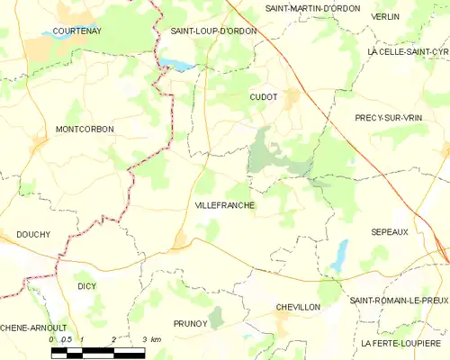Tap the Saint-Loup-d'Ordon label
pos(213,31)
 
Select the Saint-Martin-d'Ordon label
pos(312,8)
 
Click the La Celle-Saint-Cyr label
pos(409,52)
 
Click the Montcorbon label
pos(85,130)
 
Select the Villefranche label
pos(224,205)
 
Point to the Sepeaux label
pos(390,231)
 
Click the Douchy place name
pos(32,234)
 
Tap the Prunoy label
pos(190,322)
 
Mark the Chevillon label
pos(298,307)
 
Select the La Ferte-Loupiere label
pos(401,344)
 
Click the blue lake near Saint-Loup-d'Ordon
pos(177,65)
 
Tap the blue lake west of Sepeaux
pos(339,256)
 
